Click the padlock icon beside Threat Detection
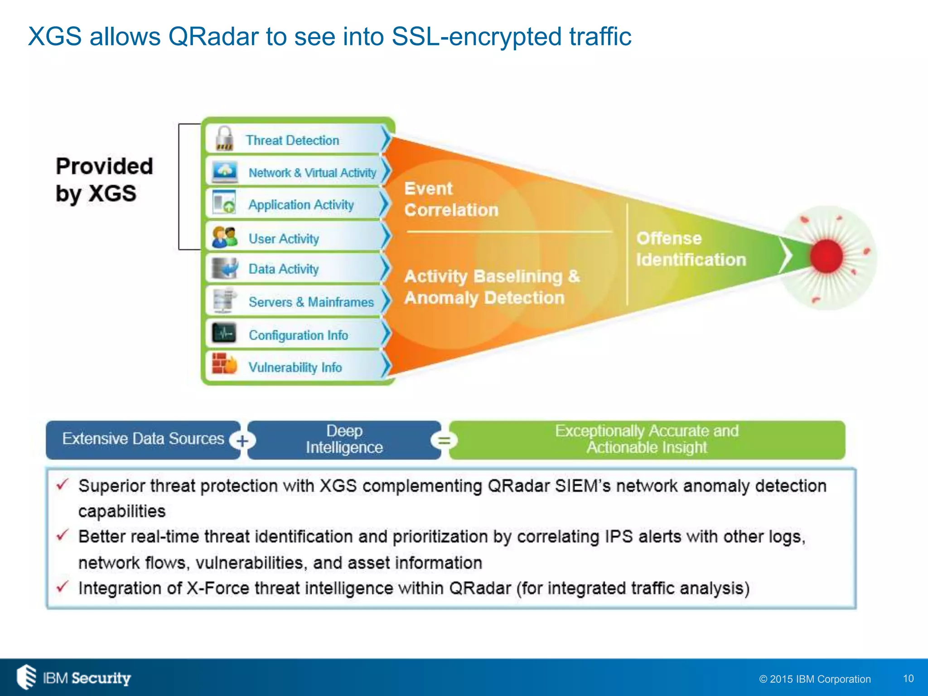click(x=224, y=139)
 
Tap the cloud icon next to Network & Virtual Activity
click(x=225, y=172)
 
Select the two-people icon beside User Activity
click(x=224, y=237)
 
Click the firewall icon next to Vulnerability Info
click(x=224, y=364)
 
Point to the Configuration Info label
click(x=298, y=335)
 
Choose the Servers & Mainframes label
click(x=311, y=302)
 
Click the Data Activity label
click(x=284, y=269)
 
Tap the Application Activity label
click(x=301, y=205)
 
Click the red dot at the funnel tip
click(x=826, y=256)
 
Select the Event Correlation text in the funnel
click(x=451, y=199)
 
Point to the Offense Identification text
click(x=691, y=249)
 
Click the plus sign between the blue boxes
click(x=242, y=440)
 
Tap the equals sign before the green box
click(x=444, y=440)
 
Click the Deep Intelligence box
click(x=344, y=440)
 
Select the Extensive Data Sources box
click(x=143, y=439)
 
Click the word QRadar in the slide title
click(x=213, y=36)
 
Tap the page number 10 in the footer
click(x=908, y=678)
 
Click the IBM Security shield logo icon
click(x=26, y=677)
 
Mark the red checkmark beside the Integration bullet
click(x=62, y=587)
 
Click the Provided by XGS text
click(x=104, y=180)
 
